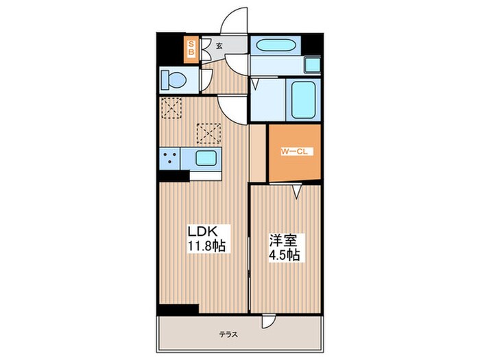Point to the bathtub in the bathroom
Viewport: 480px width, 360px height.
(x=302, y=99)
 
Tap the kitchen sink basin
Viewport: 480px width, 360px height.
(x=206, y=158)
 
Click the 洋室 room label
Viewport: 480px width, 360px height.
(x=283, y=241)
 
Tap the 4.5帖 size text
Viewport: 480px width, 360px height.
(x=285, y=255)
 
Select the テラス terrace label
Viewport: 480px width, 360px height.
(x=228, y=335)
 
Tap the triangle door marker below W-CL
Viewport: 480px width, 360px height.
(x=296, y=193)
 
